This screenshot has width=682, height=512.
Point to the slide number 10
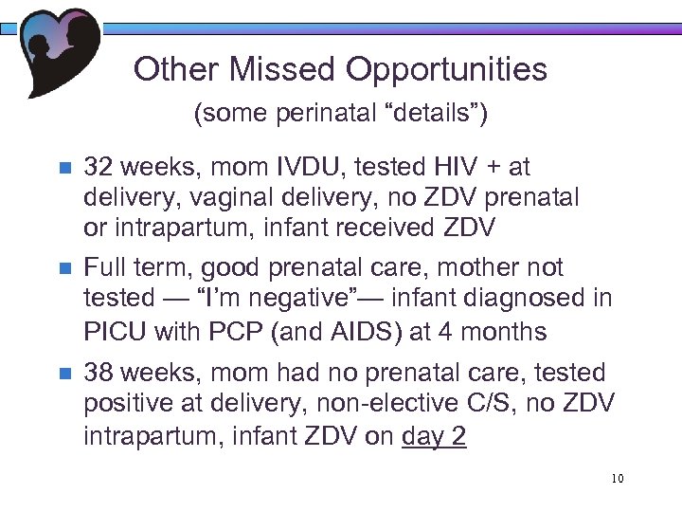click(x=617, y=479)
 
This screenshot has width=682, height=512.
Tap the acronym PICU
click(x=112, y=332)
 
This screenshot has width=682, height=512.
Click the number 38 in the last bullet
click(x=98, y=374)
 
